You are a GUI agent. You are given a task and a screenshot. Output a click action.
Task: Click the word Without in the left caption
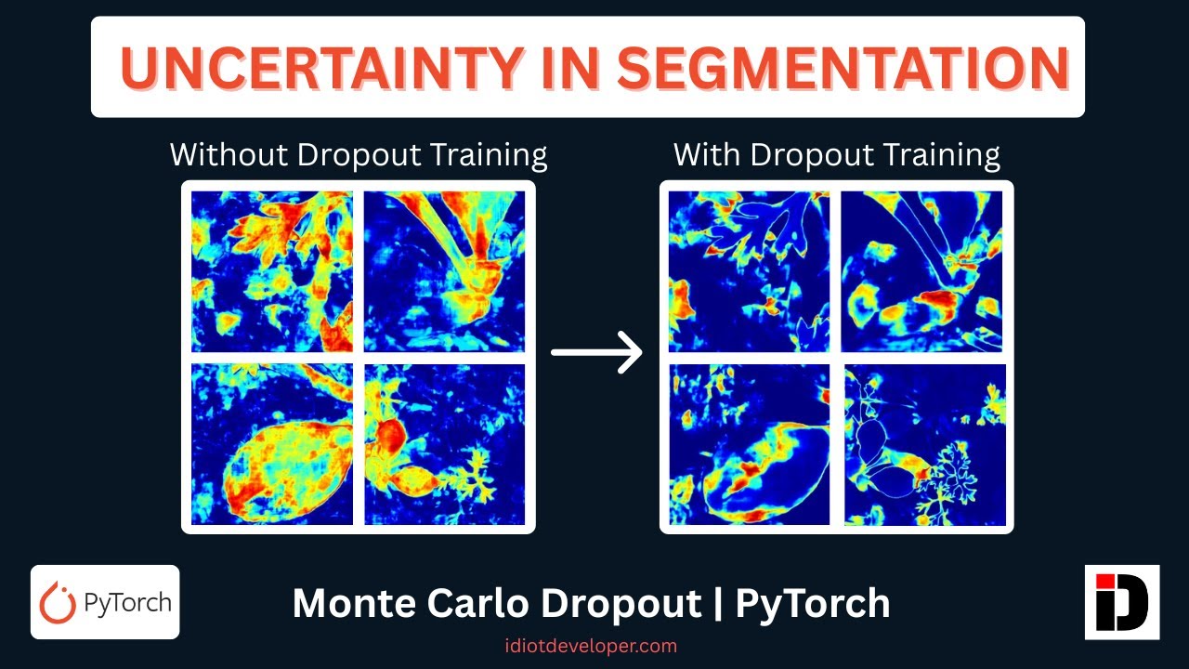coord(229,154)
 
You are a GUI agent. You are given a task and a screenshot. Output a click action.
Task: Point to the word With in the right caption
coord(708,154)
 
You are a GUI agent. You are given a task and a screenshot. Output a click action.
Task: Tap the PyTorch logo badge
coord(105,602)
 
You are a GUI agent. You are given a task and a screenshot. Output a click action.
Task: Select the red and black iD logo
coord(1122,602)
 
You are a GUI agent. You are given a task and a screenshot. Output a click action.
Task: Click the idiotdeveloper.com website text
coord(591,645)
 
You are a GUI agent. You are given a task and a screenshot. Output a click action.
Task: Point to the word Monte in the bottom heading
coord(354,604)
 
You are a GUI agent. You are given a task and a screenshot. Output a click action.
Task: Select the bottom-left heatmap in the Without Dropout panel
coord(272,444)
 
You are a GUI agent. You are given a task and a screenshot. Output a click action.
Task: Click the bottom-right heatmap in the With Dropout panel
coord(925,444)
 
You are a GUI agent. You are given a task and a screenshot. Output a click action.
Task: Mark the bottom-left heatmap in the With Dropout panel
coord(751,444)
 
